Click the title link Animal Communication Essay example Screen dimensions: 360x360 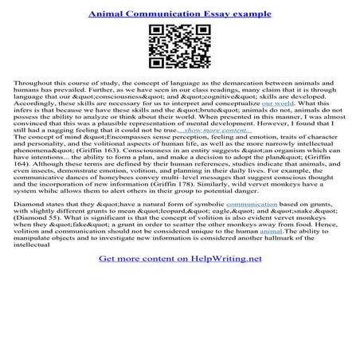coord(179,12)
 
